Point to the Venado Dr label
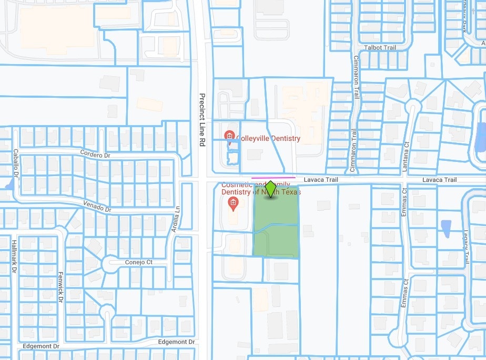pos(98,207)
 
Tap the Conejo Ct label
pos(139,262)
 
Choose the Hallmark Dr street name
pos(14,257)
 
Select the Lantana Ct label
pos(406,157)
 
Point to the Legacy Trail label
pos(466,246)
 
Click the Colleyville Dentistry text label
pos(268,139)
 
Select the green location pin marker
pos(270,189)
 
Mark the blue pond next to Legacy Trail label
pos(446,228)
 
